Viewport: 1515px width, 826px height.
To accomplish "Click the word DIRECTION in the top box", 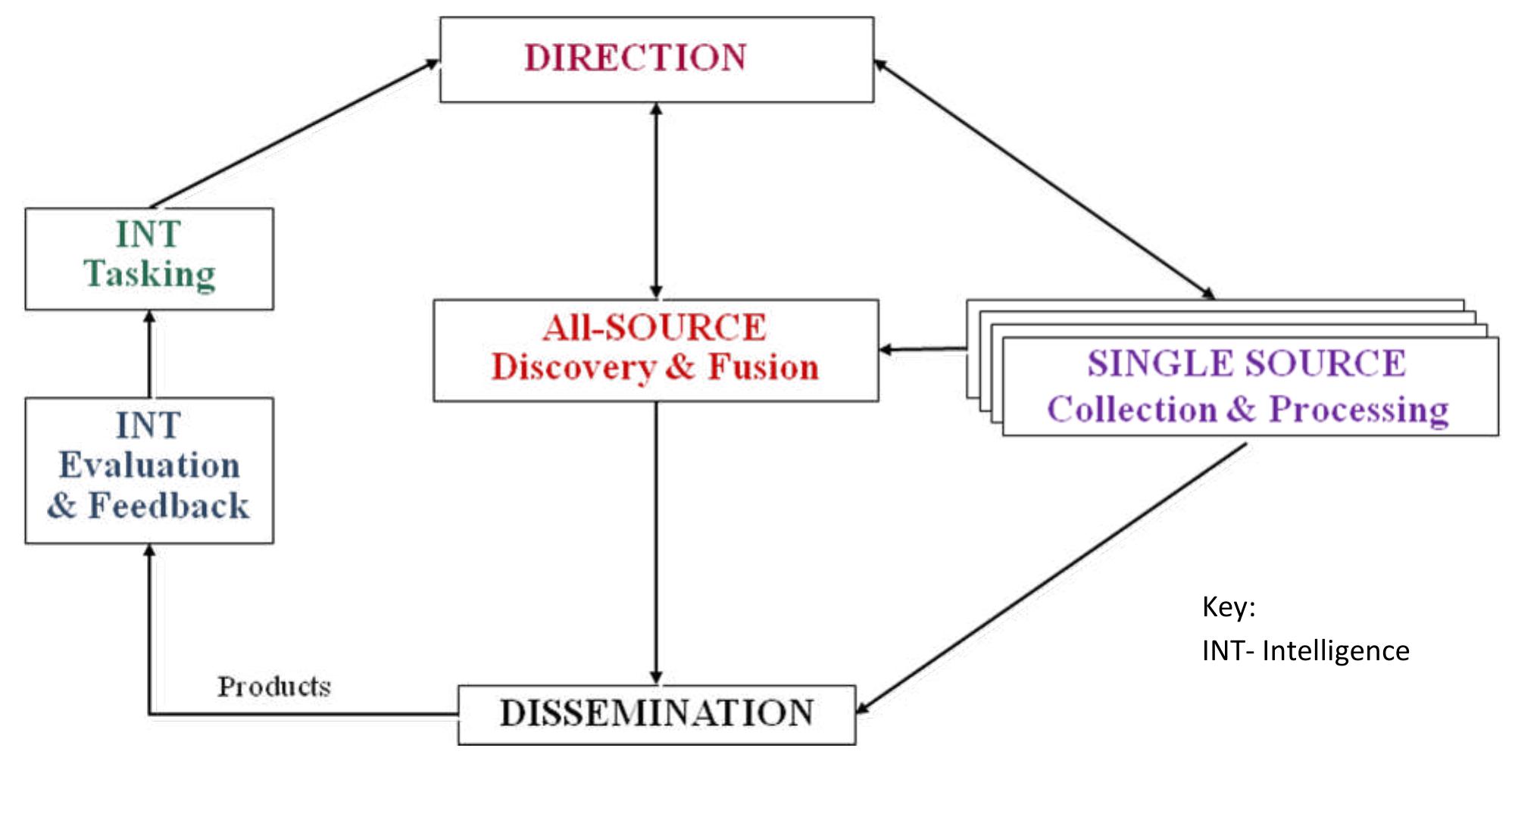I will [x=636, y=58].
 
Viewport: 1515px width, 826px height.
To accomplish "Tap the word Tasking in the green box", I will [x=150, y=274].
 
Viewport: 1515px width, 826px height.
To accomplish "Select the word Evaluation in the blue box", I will [x=150, y=465].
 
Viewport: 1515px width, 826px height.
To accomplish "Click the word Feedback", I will [x=169, y=506].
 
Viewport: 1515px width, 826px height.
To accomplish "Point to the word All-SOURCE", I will [x=654, y=328].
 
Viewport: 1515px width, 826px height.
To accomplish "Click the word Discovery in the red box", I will [x=573, y=368].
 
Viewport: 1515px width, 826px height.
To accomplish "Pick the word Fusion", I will [x=764, y=367].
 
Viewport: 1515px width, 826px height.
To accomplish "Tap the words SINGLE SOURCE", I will [x=1247, y=363].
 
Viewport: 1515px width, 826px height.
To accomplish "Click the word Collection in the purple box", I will [x=1132, y=410].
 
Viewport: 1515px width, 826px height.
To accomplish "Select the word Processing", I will [x=1359, y=410].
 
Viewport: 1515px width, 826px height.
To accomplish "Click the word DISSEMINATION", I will [x=657, y=713].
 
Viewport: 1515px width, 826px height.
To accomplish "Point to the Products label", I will [x=274, y=687].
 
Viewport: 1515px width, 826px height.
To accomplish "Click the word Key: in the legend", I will [x=1229, y=607].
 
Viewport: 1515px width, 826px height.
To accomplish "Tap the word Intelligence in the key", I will [x=1335, y=651].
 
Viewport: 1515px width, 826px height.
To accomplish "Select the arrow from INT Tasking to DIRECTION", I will [x=295, y=134].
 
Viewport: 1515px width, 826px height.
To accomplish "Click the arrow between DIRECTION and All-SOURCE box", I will [x=656, y=201].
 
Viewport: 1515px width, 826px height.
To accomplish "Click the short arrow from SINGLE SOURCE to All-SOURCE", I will [x=923, y=349].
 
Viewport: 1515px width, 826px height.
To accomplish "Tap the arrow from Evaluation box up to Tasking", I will [x=149, y=354].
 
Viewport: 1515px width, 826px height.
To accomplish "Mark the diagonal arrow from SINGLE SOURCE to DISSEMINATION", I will [x=1053, y=578].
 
